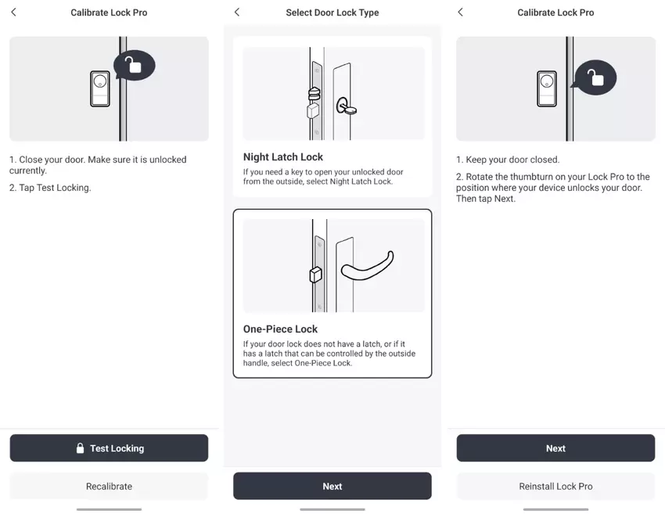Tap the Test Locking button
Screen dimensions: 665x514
109,448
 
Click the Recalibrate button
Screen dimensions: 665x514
109,486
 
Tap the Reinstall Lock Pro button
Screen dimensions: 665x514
555,486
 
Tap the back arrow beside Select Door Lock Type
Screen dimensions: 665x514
237,13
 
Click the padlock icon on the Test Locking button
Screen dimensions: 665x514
80,448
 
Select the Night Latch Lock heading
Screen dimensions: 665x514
283,157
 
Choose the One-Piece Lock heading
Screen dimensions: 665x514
280,329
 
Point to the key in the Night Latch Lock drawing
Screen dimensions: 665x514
347,106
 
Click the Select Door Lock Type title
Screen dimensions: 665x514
332,13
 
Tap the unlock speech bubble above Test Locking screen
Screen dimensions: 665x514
134,65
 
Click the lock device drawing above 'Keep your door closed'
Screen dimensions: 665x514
547,88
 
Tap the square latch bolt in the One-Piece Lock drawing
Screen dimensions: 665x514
316,275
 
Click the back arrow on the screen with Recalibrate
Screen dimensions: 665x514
13,12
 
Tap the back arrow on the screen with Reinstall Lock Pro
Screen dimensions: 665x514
461,12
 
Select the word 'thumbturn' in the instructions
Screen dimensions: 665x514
532,177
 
